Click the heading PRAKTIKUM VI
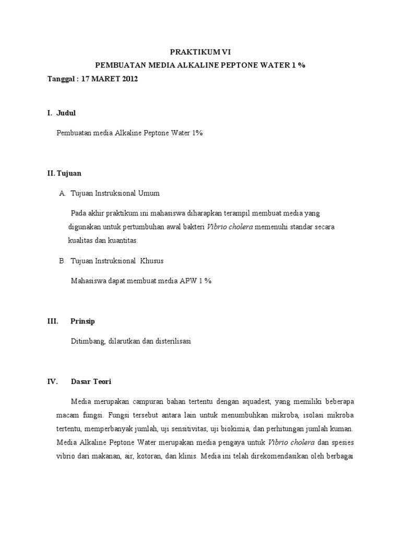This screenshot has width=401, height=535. tap(200, 52)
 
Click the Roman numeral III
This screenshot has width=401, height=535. tap(52, 321)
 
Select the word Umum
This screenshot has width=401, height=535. tap(148, 193)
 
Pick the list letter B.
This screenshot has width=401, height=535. tap(62, 260)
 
